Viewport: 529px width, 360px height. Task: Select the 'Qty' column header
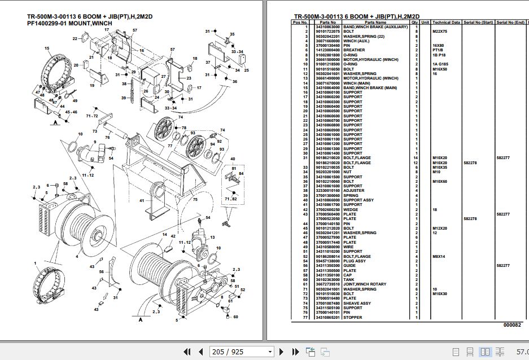[x=414, y=23]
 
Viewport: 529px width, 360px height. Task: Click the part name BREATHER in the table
[x=354, y=50]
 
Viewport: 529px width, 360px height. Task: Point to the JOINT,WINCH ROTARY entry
[x=365, y=284]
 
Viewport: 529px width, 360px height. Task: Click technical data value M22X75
[x=439, y=32]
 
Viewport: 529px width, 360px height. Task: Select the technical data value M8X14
[x=439, y=256]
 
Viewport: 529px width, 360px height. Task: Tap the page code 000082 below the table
[x=512, y=326]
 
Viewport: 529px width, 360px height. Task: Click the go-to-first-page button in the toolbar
[x=188, y=352]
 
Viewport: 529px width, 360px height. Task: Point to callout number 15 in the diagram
[x=48, y=49]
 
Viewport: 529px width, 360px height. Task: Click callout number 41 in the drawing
[x=142, y=200]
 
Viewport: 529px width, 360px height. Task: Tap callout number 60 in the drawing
[x=235, y=317]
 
